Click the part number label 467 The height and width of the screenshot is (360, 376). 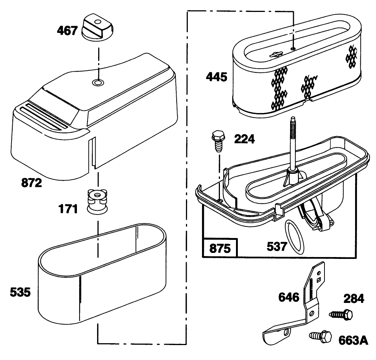coord(67,31)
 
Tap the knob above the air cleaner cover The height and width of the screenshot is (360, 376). coord(97,27)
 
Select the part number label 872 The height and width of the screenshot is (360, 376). coord(32,183)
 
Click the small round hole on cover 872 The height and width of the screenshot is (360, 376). coord(98,83)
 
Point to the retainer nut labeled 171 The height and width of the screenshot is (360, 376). coord(97,201)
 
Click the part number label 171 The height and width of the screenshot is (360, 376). coord(68,209)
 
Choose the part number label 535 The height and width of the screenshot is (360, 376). coord(21,292)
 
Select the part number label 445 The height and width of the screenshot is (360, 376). coord(217,77)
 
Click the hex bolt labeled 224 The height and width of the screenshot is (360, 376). coord(218,141)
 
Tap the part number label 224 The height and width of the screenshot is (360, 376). coord(244,139)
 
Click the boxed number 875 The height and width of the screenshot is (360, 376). coord(220,248)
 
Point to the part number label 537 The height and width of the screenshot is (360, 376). coord(277,247)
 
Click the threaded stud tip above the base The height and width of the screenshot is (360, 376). coord(293,119)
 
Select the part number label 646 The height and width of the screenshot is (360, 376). coord(289,297)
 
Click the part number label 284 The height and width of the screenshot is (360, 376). coord(354,299)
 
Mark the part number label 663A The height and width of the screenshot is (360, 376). coord(353,340)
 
